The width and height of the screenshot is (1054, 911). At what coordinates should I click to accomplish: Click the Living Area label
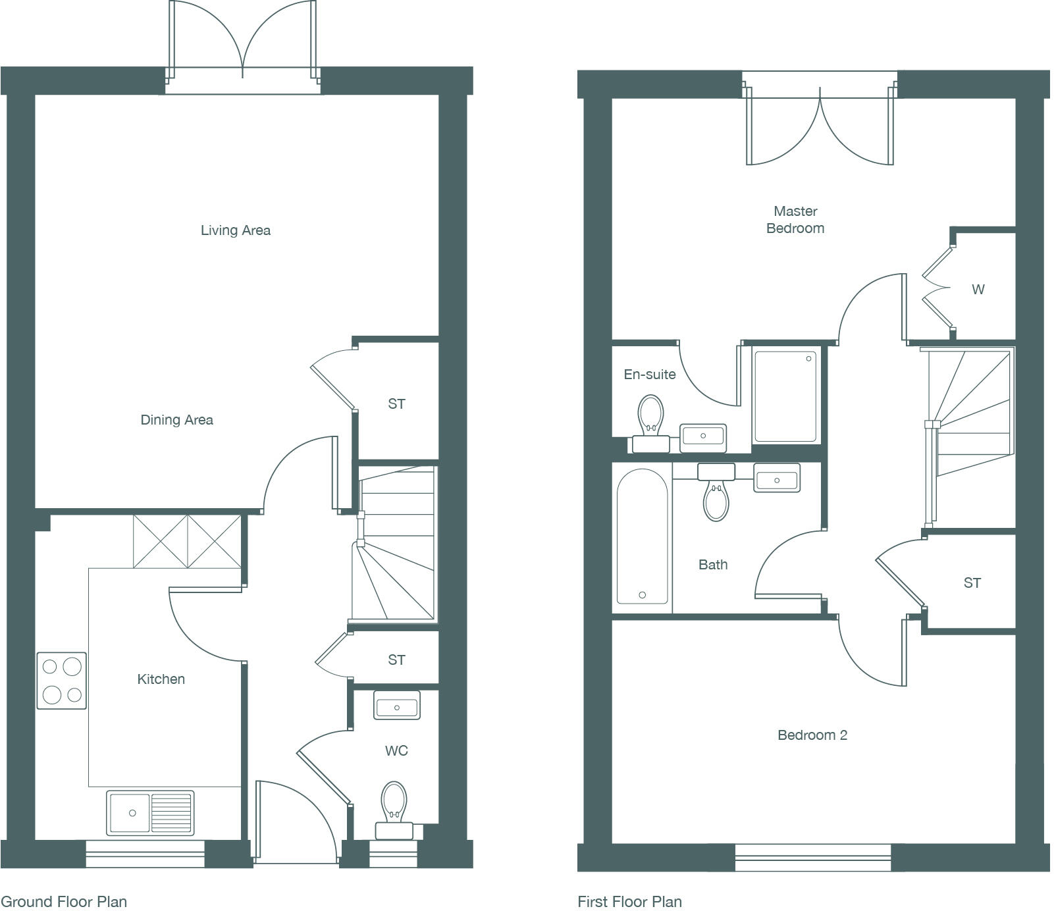pos(235,230)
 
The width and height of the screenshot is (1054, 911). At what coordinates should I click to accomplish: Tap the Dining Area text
pos(176,419)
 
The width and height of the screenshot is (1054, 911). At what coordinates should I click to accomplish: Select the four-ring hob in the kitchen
pos(61,681)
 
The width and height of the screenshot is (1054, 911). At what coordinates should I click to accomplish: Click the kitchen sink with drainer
pos(150,813)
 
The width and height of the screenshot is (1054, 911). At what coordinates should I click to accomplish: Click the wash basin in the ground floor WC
pos(396,707)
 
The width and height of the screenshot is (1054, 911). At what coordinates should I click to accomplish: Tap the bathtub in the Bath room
pos(642,536)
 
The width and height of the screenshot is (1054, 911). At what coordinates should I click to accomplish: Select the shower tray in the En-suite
pos(785,396)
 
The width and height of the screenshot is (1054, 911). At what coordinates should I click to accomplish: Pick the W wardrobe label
pos(978,289)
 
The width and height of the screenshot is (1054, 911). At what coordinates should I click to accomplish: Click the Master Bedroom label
pos(795,219)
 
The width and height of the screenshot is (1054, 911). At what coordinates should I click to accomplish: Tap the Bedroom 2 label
pos(812,735)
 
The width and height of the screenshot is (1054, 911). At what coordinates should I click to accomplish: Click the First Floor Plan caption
pos(629,901)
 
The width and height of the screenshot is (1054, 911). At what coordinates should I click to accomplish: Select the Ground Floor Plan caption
pos(64,901)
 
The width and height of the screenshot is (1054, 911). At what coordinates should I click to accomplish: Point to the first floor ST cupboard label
pos(972,583)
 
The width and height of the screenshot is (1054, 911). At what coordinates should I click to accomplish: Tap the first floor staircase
pos(972,411)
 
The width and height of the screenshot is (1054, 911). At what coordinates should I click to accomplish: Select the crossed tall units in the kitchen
pos(188,541)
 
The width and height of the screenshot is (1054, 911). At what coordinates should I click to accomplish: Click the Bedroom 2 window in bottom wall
pos(812,857)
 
